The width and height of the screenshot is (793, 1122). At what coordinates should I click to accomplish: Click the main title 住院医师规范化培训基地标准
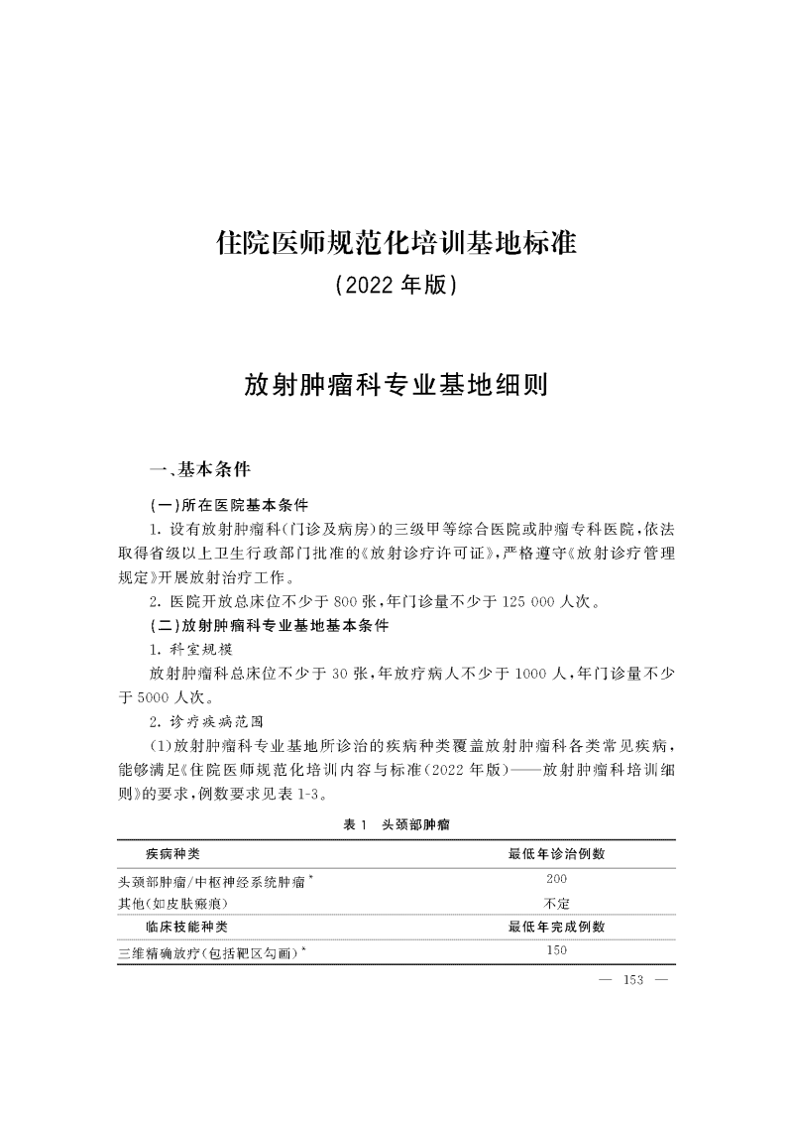[396, 243]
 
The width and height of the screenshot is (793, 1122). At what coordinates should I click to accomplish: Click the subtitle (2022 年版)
[396, 286]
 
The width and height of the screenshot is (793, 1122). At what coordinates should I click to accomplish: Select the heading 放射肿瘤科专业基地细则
[396, 384]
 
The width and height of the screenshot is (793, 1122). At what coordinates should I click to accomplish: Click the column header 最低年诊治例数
[556, 853]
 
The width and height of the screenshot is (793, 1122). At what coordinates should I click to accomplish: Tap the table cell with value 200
[556, 879]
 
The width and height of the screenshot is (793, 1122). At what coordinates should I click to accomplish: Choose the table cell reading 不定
[556, 903]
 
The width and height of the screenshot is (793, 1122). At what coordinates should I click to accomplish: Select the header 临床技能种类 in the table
[186, 927]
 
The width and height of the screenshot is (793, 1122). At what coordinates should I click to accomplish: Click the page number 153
[632, 981]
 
